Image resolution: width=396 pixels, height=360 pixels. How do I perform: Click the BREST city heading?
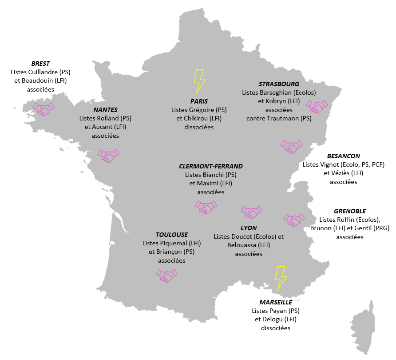[x=40, y=64]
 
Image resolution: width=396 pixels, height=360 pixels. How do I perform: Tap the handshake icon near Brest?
[x=43, y=109]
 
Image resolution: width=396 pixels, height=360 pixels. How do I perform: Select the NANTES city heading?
[x=105, y=110]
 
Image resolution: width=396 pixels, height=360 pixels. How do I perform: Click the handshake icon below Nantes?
[x=108, y=156]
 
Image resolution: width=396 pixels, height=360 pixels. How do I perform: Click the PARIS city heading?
[x=199, y=101]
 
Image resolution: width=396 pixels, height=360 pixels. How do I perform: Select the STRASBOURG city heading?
[x=279, y=84]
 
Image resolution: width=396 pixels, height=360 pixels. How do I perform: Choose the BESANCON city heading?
[x=343, y=156]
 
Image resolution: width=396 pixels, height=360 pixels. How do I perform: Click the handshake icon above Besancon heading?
[x=291, y=147]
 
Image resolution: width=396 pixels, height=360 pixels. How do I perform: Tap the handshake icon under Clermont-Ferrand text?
[x=206, y=207]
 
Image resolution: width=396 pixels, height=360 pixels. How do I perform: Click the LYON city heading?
[x=249, y=228]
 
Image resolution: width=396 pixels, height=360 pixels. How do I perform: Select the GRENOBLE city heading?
[x=350, y=211]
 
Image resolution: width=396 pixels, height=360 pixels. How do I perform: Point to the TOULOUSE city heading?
[x=171, y=235]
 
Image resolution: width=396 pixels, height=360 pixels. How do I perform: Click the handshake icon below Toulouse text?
[x=166, y=275]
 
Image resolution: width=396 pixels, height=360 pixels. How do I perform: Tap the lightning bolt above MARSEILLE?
[x=281, y=278]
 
